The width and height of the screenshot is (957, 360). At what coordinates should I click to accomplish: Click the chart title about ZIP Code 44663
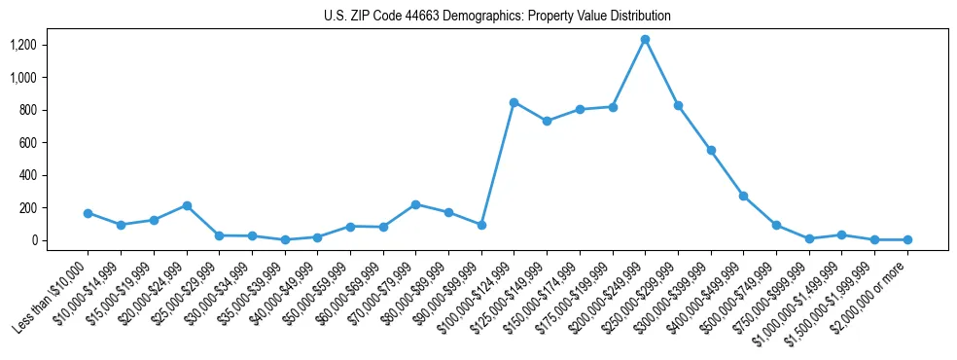coord(497,17)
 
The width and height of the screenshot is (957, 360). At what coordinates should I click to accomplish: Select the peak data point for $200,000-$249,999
coord(645,39)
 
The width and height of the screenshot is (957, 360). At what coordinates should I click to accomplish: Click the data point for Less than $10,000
coord(88,213)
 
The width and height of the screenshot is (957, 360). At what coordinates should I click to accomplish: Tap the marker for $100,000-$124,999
coord(514,102)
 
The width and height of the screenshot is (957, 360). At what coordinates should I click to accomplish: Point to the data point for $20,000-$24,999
coord(187,205)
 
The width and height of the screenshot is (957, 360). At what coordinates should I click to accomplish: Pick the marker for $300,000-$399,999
coord(711,150)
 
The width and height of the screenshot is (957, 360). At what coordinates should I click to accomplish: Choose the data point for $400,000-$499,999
coord(744,196)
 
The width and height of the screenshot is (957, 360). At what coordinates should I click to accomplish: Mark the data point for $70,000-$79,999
coord(415,204)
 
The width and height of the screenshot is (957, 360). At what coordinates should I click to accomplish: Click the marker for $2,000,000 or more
coord(907,239)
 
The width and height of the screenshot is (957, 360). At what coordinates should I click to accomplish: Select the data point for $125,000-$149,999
coord(547,121)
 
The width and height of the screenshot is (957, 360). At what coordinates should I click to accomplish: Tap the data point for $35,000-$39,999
coord(285,239)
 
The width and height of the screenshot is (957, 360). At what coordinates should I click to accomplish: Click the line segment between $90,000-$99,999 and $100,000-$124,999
coord(497,163)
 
